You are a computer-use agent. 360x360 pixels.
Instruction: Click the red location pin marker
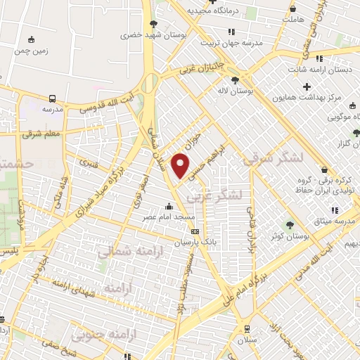[x=181, y=166]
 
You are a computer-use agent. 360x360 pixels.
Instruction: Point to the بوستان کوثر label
[x=290, y=238]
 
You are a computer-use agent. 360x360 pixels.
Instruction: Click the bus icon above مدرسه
[x=53, y=99]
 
